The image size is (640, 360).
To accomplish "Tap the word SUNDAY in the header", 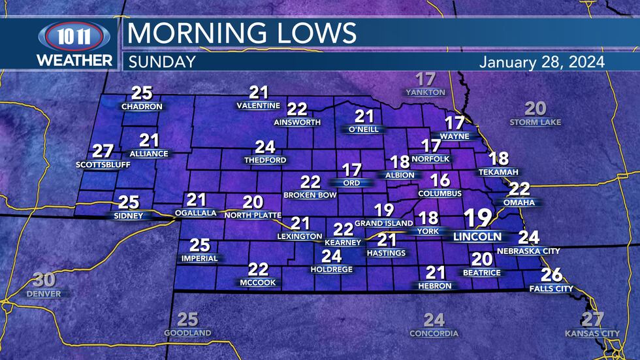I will (162, 62).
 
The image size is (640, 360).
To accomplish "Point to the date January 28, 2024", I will (542, 62).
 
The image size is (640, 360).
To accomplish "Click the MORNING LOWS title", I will (242, 33).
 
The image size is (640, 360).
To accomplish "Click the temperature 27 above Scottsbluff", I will (103, 152).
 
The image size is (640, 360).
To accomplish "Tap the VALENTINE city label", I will (258, 106).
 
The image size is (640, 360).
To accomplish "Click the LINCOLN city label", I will (477, 237).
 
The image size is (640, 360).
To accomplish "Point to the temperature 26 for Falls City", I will (552, 275).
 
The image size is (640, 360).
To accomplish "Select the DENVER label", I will (44, 294).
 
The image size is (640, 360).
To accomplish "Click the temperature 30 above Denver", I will (44, 280).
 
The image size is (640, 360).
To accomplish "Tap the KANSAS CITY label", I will (592, 334).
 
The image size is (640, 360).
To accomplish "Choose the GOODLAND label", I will (187, 333).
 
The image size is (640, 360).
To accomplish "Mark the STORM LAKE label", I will (536, 122).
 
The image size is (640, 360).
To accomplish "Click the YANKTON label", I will (424, 93).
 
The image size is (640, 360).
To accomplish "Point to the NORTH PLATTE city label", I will (253, 215).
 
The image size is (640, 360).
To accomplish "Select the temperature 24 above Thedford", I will (264, 147).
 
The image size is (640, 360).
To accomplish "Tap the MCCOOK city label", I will (258, 283).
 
